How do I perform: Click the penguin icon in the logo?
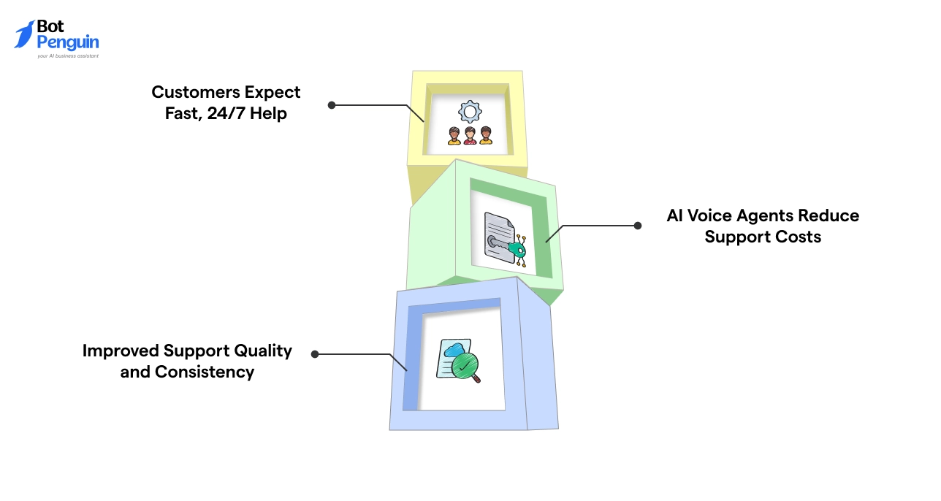[x=24, y=34]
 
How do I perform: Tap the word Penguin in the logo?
[x=68, y=42]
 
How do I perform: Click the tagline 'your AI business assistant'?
[x=68, y=56]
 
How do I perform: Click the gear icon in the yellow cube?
[x=470, y=112]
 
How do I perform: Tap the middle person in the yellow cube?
[x=470, y=136]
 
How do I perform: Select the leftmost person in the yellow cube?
[x=454, y=136]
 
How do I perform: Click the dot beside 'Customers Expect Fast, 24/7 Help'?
[x=332, y=105]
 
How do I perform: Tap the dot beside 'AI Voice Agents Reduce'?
[x=638, y=226]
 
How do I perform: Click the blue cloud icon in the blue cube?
[x=453, y=348]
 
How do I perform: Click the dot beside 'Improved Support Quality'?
[x=315, y=354]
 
